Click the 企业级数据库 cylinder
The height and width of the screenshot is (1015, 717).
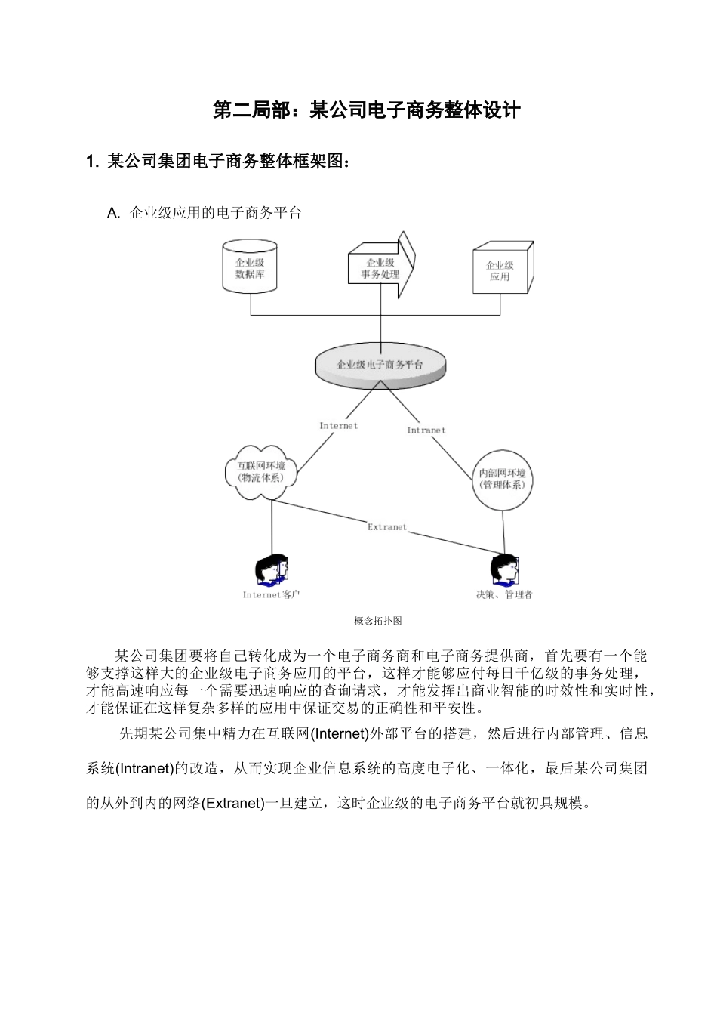[250, 267]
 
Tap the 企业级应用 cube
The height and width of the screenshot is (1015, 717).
[500, 270]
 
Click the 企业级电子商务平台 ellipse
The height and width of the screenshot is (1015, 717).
[380, 365]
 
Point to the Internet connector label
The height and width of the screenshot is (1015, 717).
[338, 426]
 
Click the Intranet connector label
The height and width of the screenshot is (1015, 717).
[426, 430]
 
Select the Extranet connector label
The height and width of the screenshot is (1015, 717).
[386, 527]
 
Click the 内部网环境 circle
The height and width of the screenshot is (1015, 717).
[502, 479]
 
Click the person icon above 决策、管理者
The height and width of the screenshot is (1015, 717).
[503, 570]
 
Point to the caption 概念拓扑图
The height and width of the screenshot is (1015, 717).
[377, 621]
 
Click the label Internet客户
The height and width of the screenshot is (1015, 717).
[271, 595]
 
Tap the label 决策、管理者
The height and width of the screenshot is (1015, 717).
[503, 595]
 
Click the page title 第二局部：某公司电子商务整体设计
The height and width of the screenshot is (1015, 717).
[367, 110]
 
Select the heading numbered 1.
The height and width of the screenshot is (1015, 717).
[219, 162]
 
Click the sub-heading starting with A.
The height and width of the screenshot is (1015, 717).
[205, 213]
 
